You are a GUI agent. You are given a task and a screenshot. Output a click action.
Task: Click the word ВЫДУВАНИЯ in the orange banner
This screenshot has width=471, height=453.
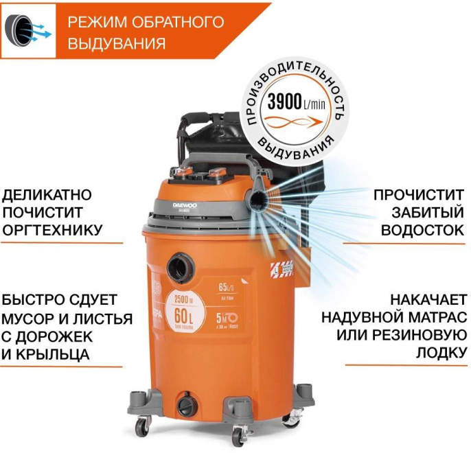tap(117, 43)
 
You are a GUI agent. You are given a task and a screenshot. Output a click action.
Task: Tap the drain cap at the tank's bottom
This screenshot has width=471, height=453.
tap(186, 404)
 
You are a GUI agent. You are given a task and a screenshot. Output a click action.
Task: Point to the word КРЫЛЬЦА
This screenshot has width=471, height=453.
tap(62, 355)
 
